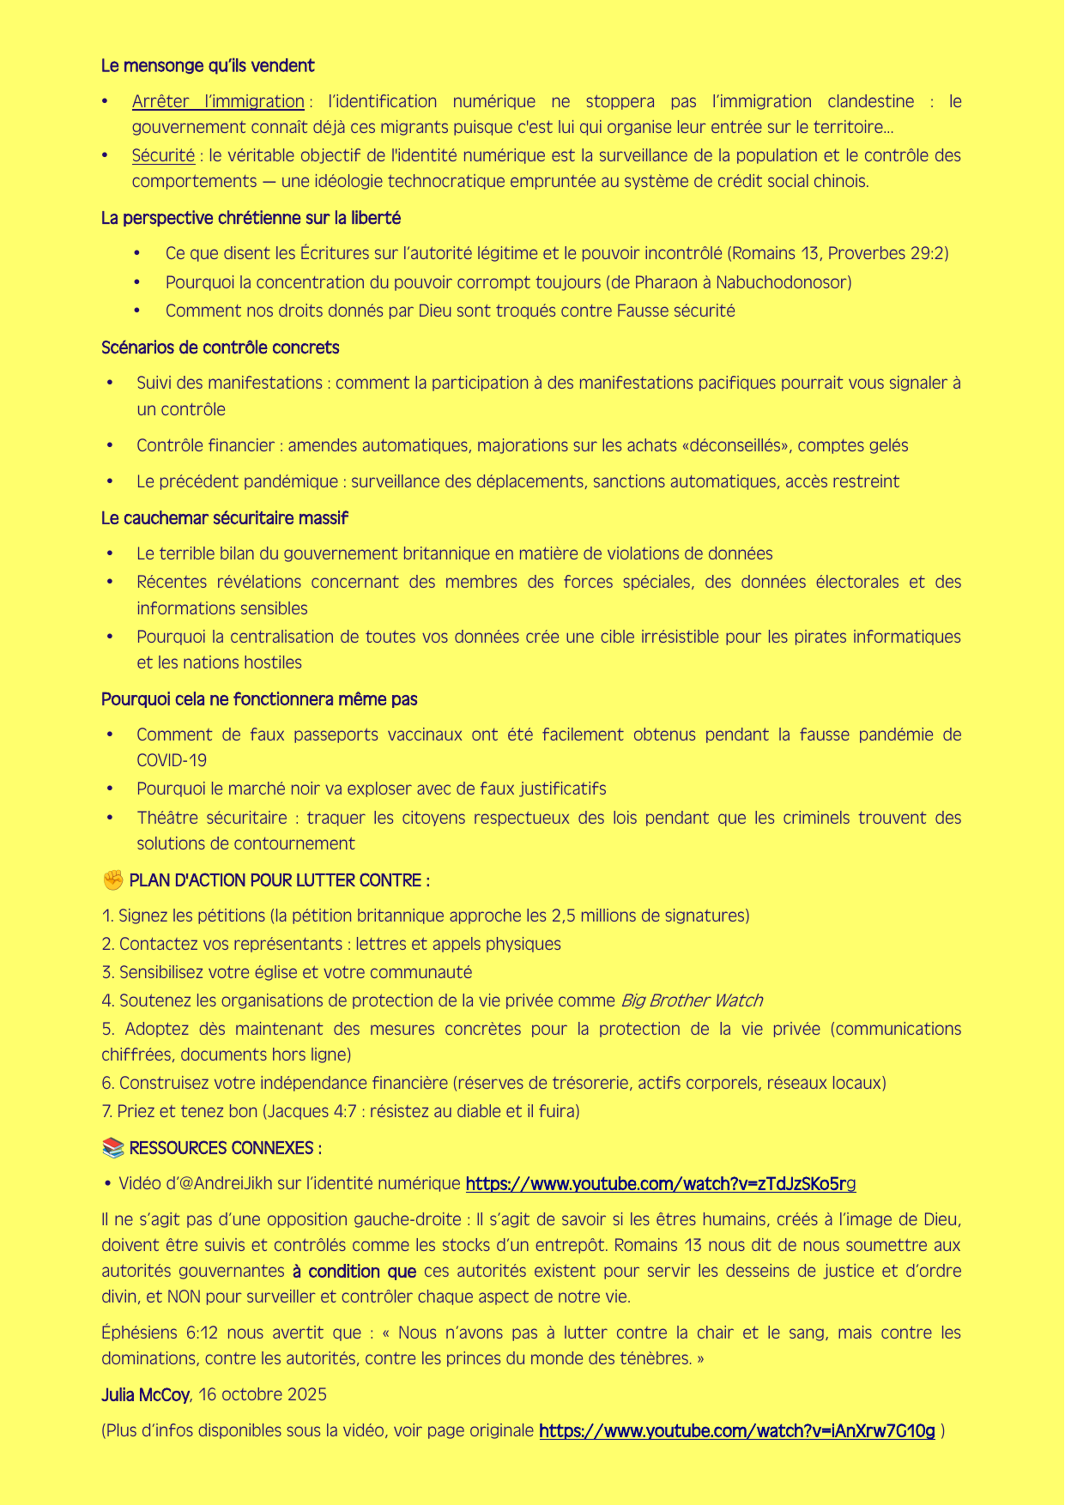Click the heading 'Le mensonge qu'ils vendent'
tap(208, 66)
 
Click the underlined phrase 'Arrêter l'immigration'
tap(218, 102)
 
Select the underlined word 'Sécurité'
tap(163, 156)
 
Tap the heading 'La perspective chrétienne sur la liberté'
tap(251, 219)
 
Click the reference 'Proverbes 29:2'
tap(893, 254)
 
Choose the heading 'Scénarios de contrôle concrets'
tap(220, 348)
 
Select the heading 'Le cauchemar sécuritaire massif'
tap(224, 519)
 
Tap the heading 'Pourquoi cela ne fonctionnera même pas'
tap(259, 700)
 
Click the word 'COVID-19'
tap(172, 761)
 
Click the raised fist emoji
tap(112, 881)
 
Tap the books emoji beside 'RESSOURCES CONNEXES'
tap(112, 1149)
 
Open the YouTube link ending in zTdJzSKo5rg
tap(660, 1185)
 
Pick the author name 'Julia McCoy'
tap(145, 1395)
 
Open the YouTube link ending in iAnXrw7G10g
tap(736, 1431)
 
